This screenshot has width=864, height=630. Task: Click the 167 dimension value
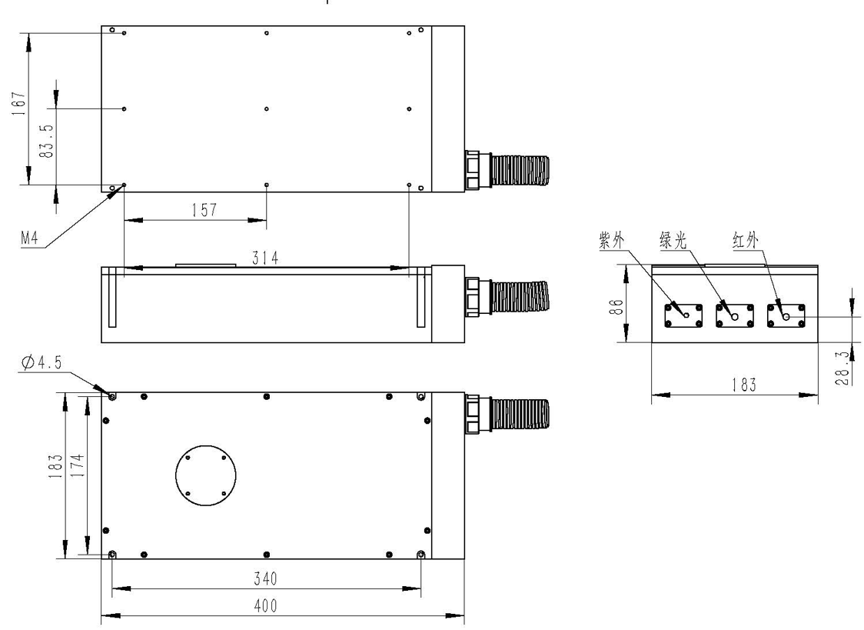[18, 103]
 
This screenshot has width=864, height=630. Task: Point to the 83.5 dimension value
[47, 141]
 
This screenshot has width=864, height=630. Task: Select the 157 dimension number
[204, 210]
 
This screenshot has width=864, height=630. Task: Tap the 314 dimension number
[265, 258]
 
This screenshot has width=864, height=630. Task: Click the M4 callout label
[30, 238]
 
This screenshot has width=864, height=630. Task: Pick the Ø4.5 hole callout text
[42, 362]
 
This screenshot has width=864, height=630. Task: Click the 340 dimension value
[266, 578]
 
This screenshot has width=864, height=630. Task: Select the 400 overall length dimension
[266, 605]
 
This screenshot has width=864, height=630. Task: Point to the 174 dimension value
[78, 465]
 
